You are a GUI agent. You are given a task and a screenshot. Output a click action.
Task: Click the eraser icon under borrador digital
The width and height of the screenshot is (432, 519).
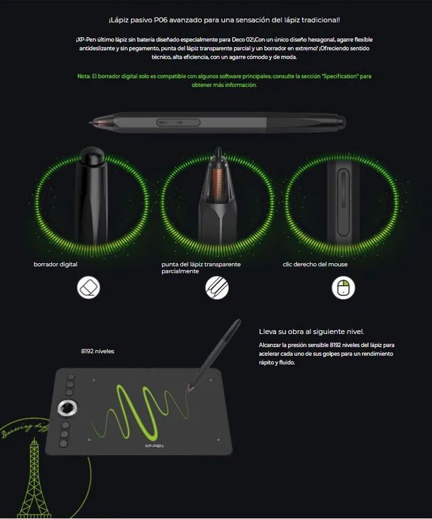88,288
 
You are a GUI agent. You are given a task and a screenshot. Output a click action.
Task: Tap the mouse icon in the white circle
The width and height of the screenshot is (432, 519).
343,288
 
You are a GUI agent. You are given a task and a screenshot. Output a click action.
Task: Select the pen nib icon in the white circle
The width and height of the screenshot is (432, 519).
217,288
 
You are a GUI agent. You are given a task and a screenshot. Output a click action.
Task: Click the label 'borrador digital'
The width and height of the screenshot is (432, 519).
55,265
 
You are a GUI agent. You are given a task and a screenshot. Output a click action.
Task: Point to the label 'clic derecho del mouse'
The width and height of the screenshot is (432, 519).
315,265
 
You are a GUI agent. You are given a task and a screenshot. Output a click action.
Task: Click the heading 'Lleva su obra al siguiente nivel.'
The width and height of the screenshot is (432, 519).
311,331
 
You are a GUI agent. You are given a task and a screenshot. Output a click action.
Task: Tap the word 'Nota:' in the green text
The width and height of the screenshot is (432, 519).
84,76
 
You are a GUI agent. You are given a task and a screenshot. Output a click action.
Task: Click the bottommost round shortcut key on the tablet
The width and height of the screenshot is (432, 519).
64,443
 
